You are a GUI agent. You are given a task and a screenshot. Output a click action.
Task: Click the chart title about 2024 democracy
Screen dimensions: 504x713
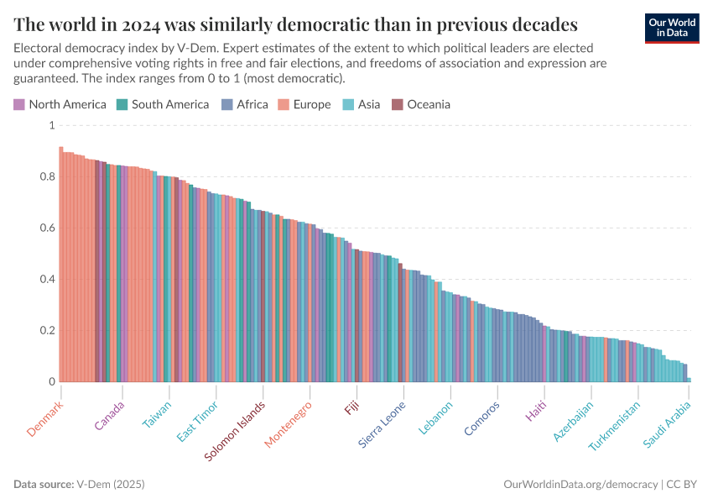click(295, 23)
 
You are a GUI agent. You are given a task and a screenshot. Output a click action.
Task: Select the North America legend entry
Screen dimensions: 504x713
click(60, 105)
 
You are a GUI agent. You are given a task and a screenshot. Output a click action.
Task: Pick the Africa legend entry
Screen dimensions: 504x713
click(245, 105)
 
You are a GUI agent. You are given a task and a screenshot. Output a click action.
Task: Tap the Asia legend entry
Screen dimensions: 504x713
click(361, 105)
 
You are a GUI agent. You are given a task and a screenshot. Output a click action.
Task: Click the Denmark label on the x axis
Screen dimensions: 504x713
click(45, 417)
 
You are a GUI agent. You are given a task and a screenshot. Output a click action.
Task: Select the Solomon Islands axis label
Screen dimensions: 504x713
click(236, 430)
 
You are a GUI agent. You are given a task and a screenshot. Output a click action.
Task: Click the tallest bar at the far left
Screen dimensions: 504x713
click(61, 265)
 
